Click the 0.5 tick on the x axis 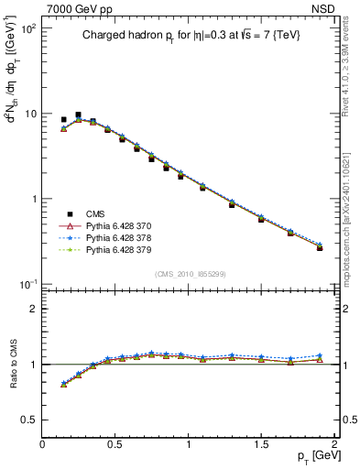point(115,443)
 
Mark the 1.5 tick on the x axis point(261,443)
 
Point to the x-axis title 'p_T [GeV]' point(312,455)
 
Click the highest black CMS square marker point(78,115)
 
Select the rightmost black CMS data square point(320,247)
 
